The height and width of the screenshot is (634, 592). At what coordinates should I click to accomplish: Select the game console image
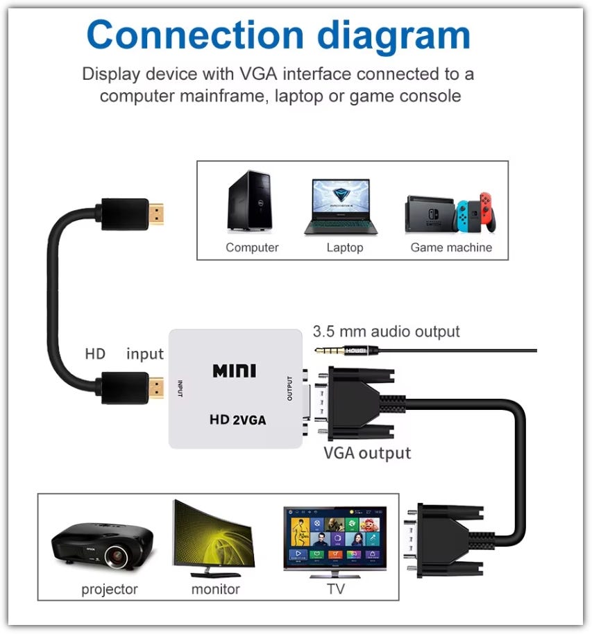[451, 212]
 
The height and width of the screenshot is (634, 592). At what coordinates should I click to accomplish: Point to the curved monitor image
[212, 538]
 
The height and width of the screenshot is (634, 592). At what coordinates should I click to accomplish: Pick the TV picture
[335, 540]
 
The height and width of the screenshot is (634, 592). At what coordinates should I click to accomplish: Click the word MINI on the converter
[234, 370]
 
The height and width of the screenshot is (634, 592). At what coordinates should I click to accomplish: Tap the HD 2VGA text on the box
[237, 420]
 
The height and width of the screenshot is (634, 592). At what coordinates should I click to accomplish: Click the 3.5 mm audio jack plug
[347, 350]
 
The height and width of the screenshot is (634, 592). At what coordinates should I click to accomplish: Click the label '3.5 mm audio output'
[386, 332]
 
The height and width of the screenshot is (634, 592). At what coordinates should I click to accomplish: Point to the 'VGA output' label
[367, 453]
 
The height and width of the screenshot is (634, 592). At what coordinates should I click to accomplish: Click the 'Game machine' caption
[451, 248]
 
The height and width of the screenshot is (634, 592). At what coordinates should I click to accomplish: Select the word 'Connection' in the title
[195, 35]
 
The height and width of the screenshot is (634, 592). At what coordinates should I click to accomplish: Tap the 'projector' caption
[110, 590]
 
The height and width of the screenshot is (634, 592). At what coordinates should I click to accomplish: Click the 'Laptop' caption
[345, 248]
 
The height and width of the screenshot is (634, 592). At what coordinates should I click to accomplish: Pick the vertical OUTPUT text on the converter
[289, 388]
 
